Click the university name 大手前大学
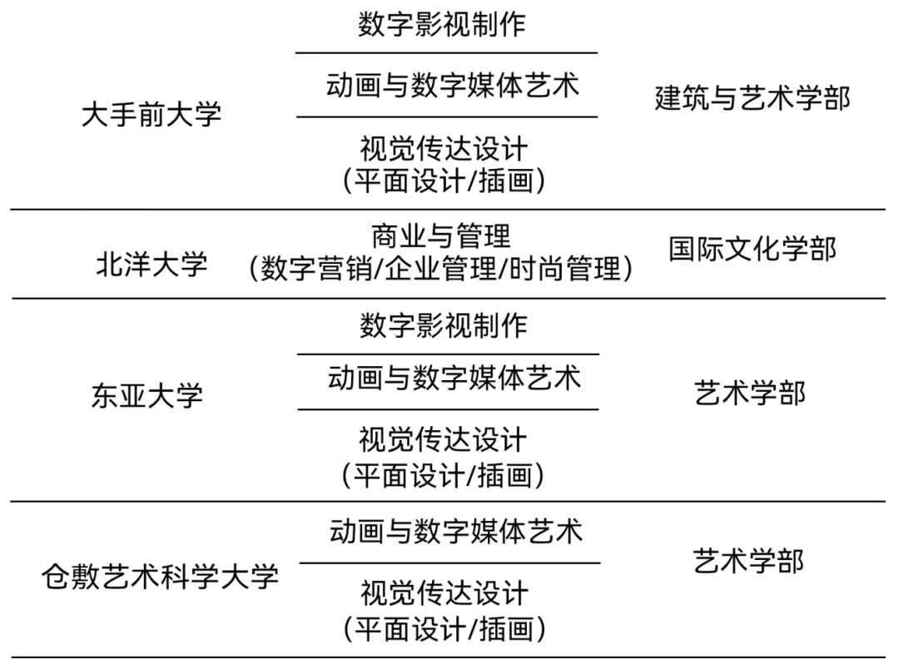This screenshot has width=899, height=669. [x=151, y=114]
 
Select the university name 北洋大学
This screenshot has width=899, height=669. [x=151, y=265]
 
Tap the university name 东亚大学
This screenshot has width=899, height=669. [x=147, y=395]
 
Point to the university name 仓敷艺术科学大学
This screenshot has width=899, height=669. [x=159, y=577]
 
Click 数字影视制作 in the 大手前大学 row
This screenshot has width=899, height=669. [x=442, y=24]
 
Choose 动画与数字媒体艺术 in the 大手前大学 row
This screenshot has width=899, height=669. [x=452, y=86]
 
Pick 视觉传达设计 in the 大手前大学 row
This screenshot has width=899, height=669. [x=444, y=149]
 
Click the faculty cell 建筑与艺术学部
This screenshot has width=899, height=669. [x=752, y=98]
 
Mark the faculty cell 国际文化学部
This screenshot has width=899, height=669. [x=752, y=249]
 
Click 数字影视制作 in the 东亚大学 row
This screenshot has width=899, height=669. [x=444, y=325]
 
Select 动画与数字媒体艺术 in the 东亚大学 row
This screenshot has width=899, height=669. [x=454, y=379]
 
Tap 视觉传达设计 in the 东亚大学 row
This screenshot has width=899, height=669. [x=443, y=439]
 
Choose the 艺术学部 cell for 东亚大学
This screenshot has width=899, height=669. [x=750, y=393]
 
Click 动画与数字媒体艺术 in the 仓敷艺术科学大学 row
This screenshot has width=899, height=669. [x=455, y=531]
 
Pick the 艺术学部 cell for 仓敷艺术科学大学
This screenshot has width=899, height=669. [x=749, y=561]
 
